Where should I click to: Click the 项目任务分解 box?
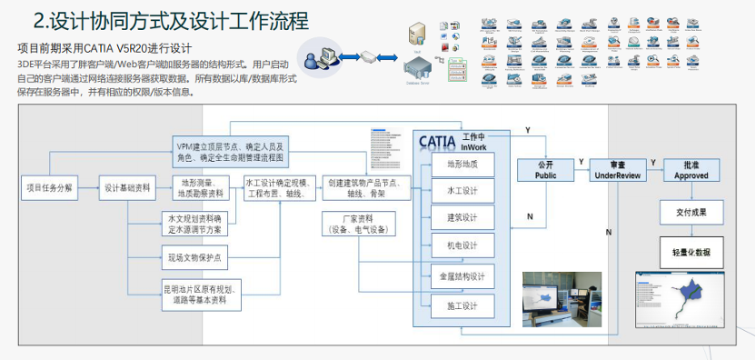pos(48,188)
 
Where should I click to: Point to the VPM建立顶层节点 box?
pos(230,151)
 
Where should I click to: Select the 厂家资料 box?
pos(359,224)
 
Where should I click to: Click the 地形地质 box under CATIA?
pos(463,165)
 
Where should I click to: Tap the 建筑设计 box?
pos(463,218)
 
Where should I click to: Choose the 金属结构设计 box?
pos(463,276)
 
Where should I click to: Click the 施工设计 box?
pos(463,305)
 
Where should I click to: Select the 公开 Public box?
pos(545,170)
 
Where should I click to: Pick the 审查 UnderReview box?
pos(618,170)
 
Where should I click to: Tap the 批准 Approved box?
pos(691,170)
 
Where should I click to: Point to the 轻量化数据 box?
pos(691,252)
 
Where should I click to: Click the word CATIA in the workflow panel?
pos(443,141)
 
